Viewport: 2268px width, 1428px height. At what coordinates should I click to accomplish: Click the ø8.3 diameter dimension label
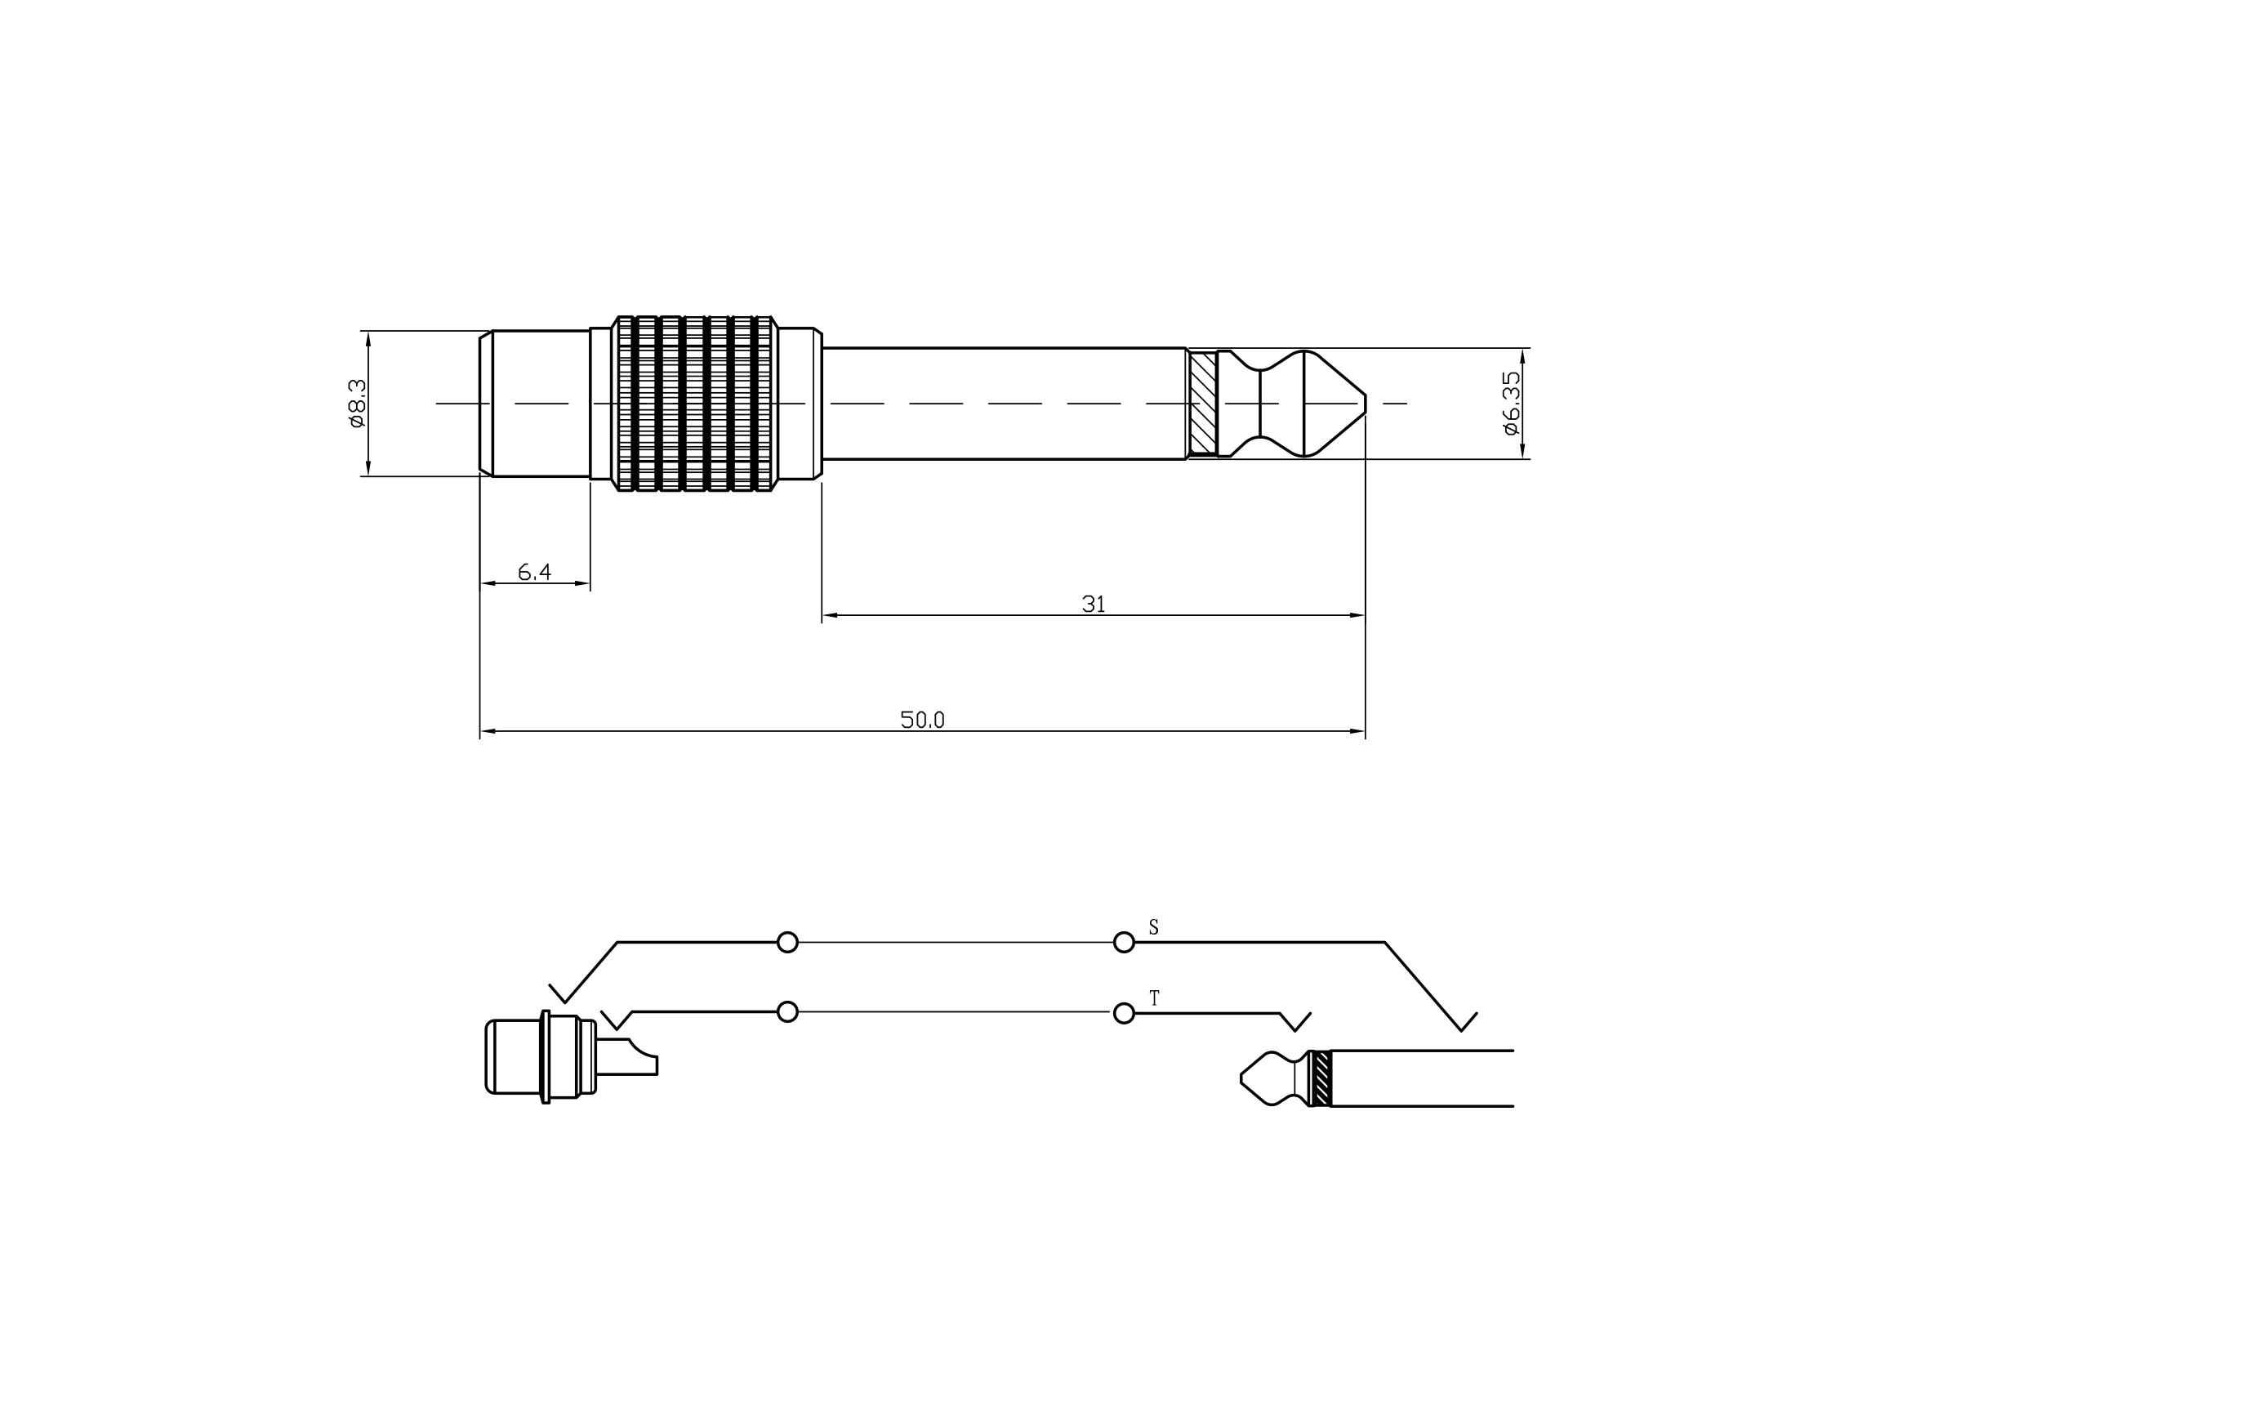(x=357, y=403)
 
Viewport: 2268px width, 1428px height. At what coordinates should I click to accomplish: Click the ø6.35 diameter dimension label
(x=1511, y=403)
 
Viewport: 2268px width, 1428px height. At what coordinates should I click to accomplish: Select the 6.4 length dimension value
(x=534, y=572)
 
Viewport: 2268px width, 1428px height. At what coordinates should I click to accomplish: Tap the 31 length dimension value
(x=1094, y=604)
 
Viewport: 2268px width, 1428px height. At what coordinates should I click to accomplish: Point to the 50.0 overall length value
(x=922, y=720)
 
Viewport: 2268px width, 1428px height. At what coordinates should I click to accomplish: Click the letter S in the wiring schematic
(x=1154, y=928)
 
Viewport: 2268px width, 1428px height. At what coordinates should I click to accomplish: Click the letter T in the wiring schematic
(x=1155, y=998)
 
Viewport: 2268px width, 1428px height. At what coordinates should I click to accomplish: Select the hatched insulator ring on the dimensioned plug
(x=1203, y=403)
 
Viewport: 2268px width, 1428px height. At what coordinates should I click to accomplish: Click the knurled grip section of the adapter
(x=695, y=403)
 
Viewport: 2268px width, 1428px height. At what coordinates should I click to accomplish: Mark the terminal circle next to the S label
(x=1124, y=942)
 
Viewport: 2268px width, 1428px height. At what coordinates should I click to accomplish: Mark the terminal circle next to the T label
(x=1124, y=1014)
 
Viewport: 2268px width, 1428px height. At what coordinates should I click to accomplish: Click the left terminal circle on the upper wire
(x=787, y=942)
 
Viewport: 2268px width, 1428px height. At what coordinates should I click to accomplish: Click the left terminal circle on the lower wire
(x=787, y=1011)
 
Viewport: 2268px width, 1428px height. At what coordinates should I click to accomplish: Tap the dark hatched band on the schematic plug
(x=1321, y=1078)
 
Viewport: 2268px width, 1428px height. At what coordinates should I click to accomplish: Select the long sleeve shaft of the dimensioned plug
(x=1003, y=403)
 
